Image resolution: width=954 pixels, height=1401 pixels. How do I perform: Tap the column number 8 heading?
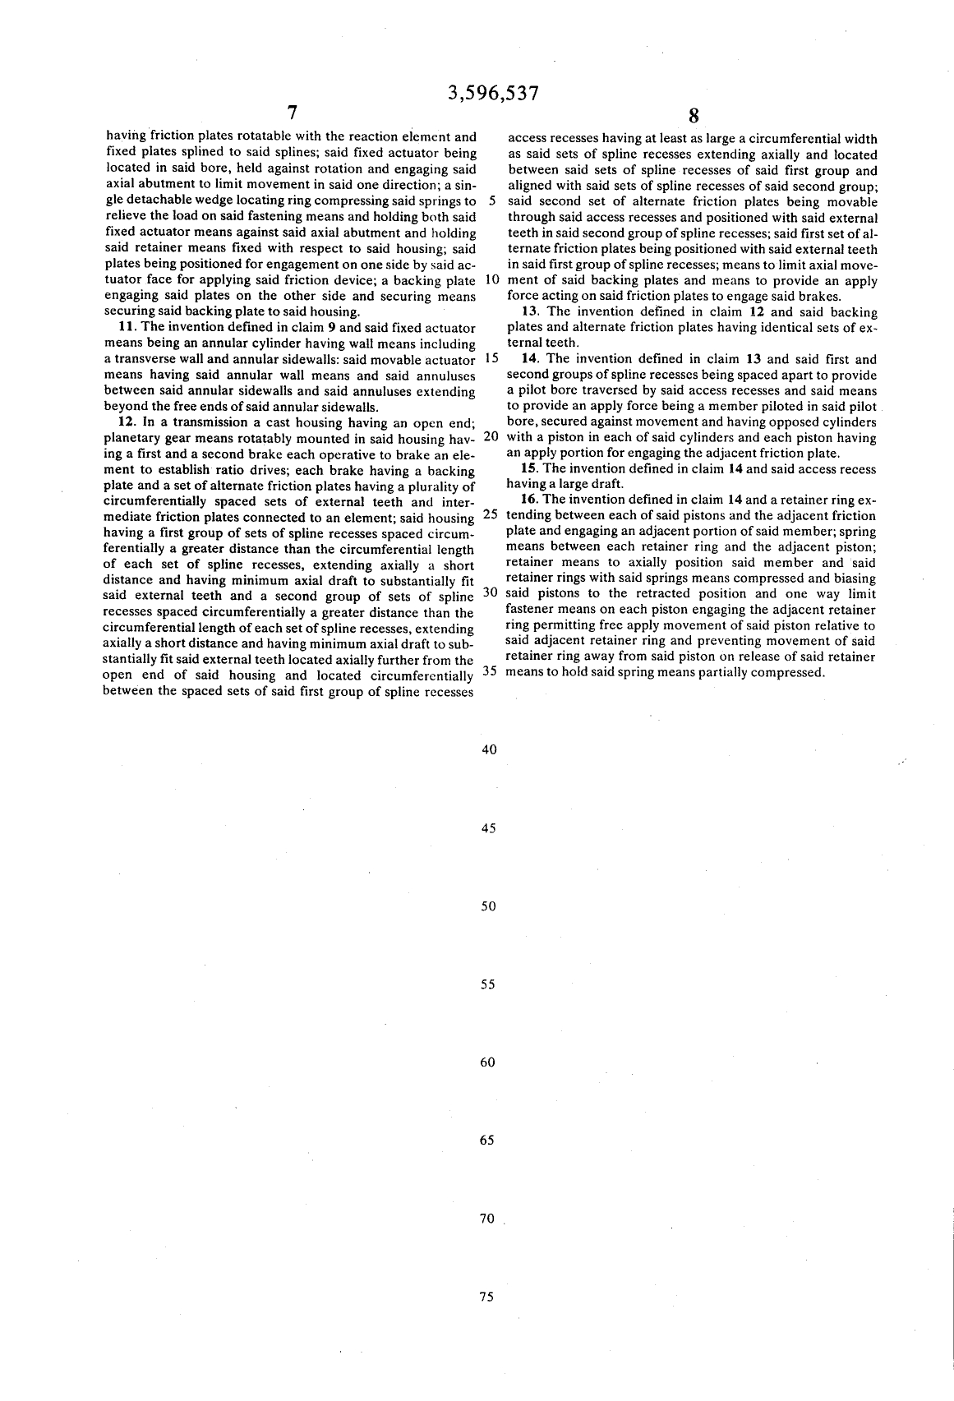coord(693,116)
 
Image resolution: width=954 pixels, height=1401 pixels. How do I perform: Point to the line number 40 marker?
coord(488,749)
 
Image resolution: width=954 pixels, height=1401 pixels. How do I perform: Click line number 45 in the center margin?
coord(488,828)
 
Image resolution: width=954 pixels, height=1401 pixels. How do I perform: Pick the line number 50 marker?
coord(488,906)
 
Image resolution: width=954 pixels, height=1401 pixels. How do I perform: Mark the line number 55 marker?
coord(488,984)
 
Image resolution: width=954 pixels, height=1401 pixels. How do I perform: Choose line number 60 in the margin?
coord(488,1062)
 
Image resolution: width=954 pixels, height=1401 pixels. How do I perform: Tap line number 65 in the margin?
coord(487,1141)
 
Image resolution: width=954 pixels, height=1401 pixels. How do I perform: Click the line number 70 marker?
coord(487,1219)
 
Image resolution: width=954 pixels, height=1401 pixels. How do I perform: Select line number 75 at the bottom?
coord(486,1297)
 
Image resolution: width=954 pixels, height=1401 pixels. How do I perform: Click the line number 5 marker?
coord(491,201)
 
